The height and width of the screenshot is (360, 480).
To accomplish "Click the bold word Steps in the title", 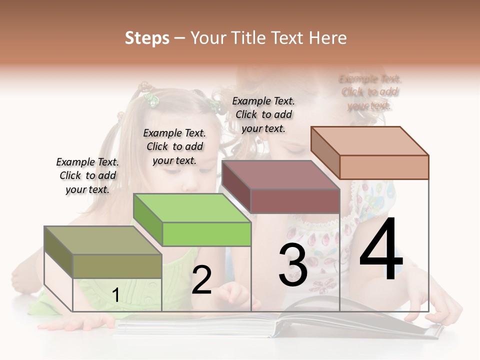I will coord(147,38).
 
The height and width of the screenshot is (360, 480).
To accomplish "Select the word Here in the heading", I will coord(328,38).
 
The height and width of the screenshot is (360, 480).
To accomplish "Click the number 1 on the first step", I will coord(115,295).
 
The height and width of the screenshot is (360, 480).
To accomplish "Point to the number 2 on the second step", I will coord(201,280).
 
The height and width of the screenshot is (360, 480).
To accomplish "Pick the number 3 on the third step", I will coord(292,265).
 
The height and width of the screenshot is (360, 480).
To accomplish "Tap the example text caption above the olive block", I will coord(87,175).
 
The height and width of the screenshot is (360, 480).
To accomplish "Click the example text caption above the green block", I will coord(174,146).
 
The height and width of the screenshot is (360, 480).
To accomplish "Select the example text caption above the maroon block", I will coord(263,114).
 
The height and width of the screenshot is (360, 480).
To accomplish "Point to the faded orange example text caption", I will coord(370,92).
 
